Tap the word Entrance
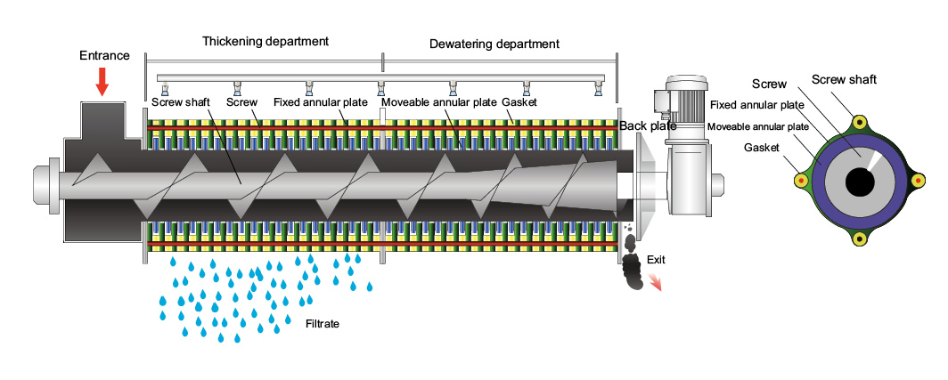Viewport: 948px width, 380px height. click(x=104, y=55)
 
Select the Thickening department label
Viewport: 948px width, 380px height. click(x=266, y=41)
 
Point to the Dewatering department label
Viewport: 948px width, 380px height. click(x=494, y=43)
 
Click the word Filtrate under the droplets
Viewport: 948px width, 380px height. click(x=323, y=324)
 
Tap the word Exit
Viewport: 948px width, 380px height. click(x=656, y=260)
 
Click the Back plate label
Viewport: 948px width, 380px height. click(x=648, y=126)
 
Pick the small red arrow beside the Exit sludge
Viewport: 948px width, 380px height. click(x=655, y=282)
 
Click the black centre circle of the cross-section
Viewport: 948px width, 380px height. click(x=860, y=182)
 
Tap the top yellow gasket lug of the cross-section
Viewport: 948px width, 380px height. click(x=861, y=122)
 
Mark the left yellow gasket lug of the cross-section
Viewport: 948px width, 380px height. click(x=801, y=181)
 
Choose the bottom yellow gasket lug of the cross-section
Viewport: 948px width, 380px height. click(x=861, y=239)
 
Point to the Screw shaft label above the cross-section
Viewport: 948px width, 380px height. click(x=844, y=79)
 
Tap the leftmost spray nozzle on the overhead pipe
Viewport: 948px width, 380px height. click(x=165, y=90)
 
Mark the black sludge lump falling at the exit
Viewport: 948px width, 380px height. click(x=632, y=269)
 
